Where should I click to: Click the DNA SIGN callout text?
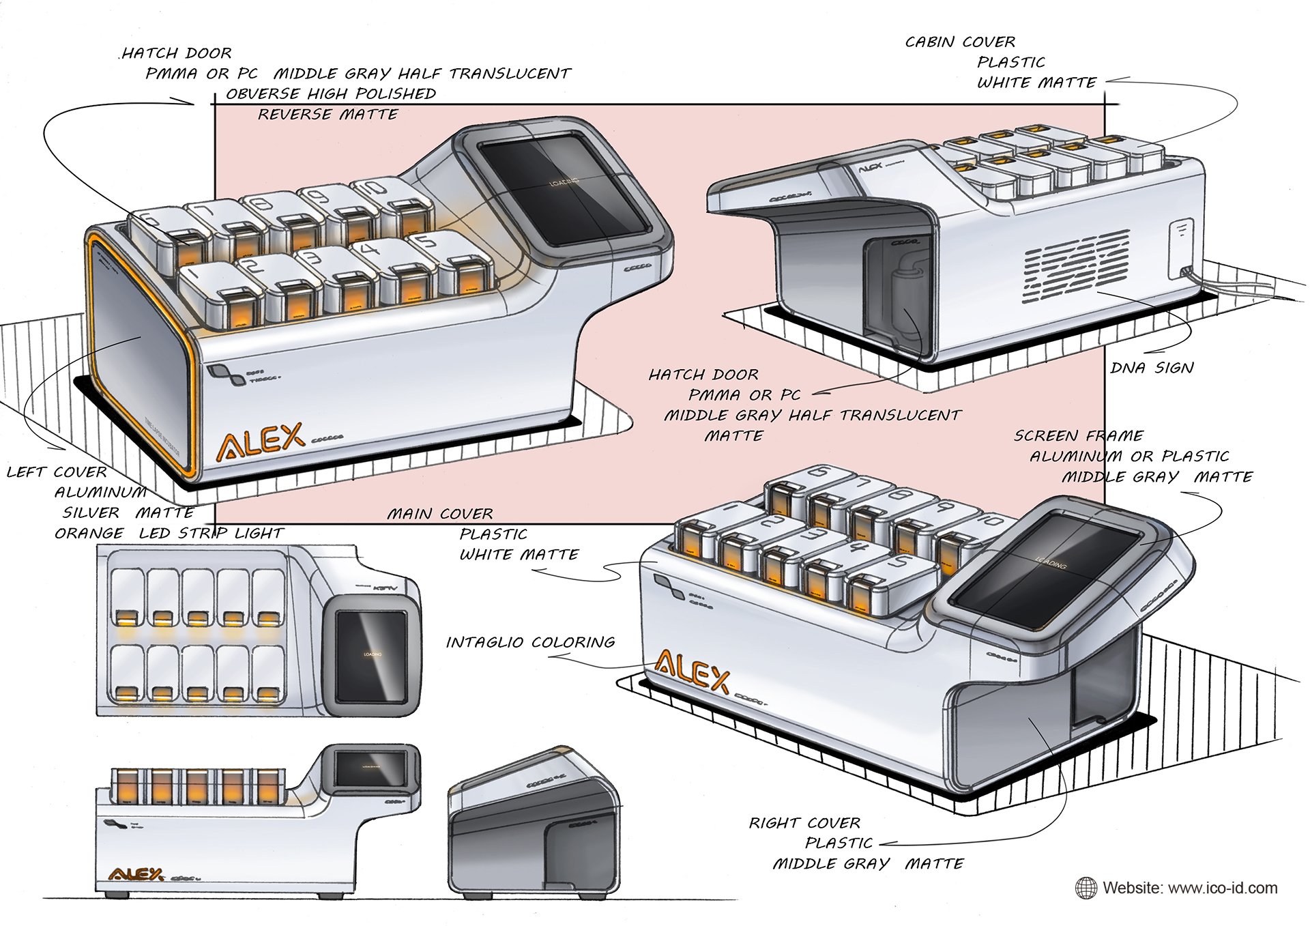click(1152, 368)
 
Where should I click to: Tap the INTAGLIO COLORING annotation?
click(530, 642)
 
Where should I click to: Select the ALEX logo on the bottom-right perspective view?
click(692, 671)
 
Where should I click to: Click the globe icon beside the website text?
click(1086, 888)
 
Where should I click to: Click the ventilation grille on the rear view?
click(1076, 267)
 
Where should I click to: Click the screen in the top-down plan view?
click(372, 656)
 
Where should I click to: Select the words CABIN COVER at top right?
click(960, 42)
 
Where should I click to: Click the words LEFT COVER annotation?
click(57, 472)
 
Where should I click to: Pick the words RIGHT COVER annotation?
click(804, 823)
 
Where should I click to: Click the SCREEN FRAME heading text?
click(1078, 435)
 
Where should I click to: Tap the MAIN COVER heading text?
click(440, 514)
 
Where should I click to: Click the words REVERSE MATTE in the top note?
click(327, 114)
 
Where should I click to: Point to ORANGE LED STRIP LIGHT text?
click(169, 533)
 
